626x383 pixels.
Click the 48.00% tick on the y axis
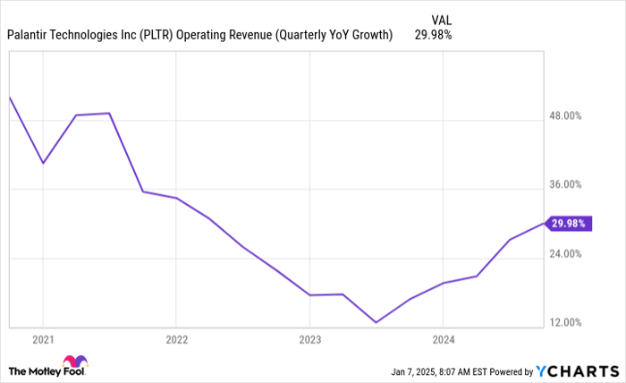[564, 115]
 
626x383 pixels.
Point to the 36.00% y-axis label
[564, 184]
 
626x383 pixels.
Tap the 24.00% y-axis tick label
[564, 253]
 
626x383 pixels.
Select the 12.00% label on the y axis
[564, 322]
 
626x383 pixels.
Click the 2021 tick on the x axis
[42, 339]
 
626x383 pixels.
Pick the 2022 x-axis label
[176, 339]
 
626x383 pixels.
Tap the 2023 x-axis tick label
[309, 339]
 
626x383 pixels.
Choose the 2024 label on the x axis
[443, 339]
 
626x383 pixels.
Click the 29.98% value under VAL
[433, 36]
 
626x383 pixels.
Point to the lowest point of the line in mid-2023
[376, 322]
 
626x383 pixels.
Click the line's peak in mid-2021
[109, 113]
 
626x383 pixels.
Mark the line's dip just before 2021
[42, 163]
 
